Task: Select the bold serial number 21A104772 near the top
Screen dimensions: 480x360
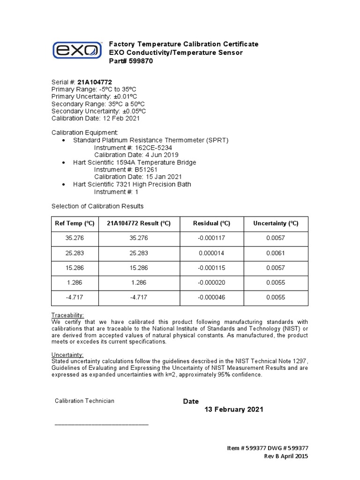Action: click(91, 82)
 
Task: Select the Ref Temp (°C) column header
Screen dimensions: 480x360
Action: click(75, 224)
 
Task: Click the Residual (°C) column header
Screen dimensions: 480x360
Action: click(211, 224)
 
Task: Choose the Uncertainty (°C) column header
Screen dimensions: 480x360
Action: click(276, 224)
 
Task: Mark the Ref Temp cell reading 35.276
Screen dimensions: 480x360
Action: click(75, 238)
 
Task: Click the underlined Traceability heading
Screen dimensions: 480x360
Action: click(67, 315)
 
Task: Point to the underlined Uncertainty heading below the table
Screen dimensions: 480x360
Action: click(67, 355)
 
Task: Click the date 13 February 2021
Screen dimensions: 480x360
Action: click(234, 409)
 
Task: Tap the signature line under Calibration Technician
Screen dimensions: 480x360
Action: click(102, 424)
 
